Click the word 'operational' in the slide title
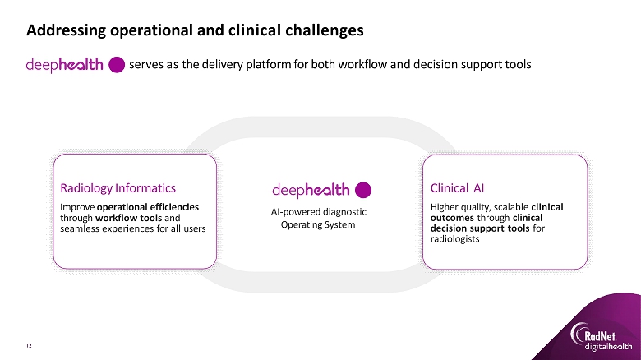(138, 31)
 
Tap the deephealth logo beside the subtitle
(65, 65)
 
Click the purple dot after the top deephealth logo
(117, 65)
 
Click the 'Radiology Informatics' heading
(113, 187)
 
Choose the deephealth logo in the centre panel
(311, 190)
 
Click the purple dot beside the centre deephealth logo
(363, 190)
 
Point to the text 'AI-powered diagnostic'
(319, 212)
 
